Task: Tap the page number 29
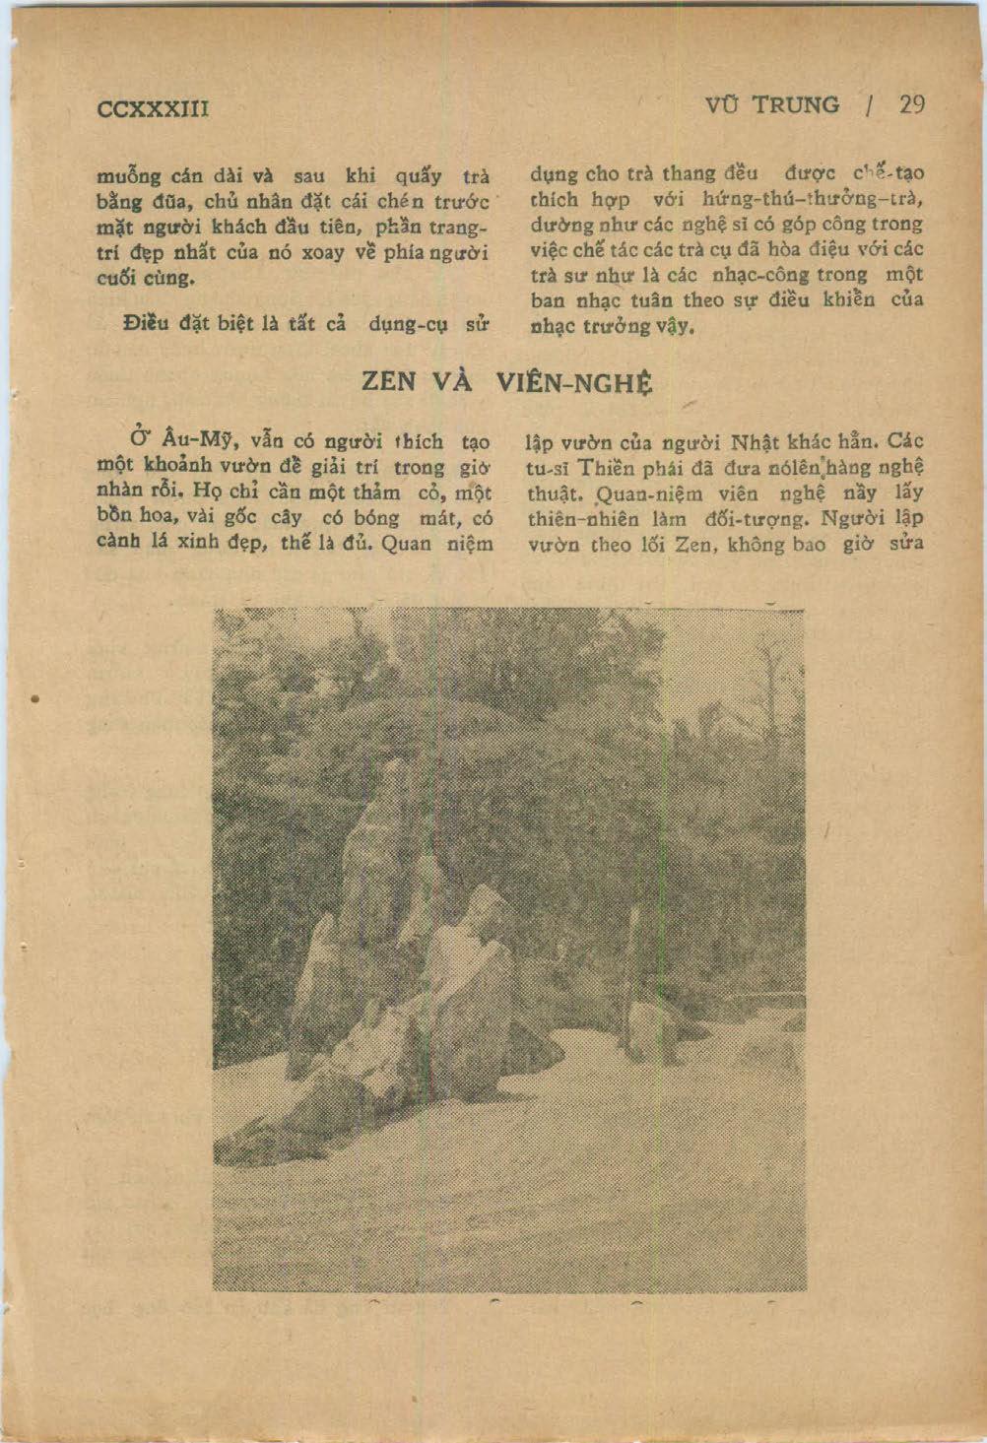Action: tap(912, 105)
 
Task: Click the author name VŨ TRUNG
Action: tap(772, 105)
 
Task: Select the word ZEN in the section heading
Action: tap(389, 382)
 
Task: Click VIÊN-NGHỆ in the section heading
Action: tap(573, 383)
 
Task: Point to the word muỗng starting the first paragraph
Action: tap(128, 178)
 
